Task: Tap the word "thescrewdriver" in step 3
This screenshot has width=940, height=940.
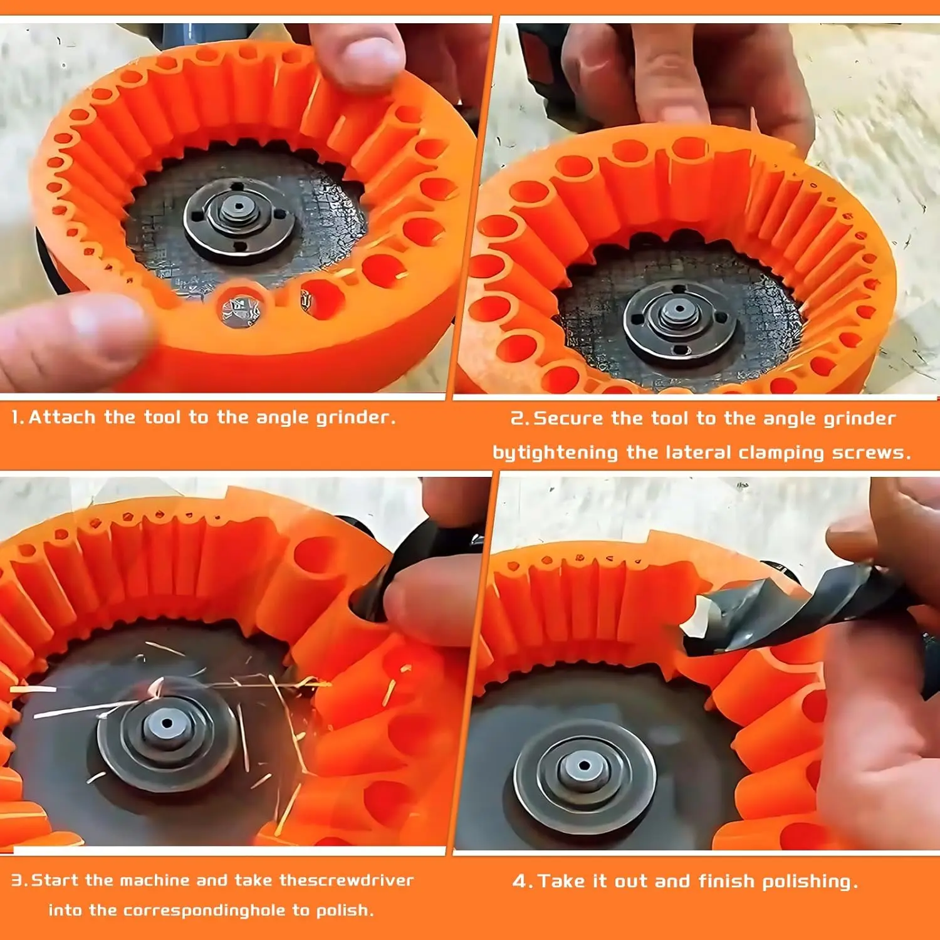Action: coord(347,880)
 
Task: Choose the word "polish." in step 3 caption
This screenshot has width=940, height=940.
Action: coord(345,911)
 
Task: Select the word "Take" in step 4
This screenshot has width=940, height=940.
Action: coord(561,881)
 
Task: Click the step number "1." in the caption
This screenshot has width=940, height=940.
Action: coord(18,417)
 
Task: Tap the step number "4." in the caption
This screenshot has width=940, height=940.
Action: coord(523,882)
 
